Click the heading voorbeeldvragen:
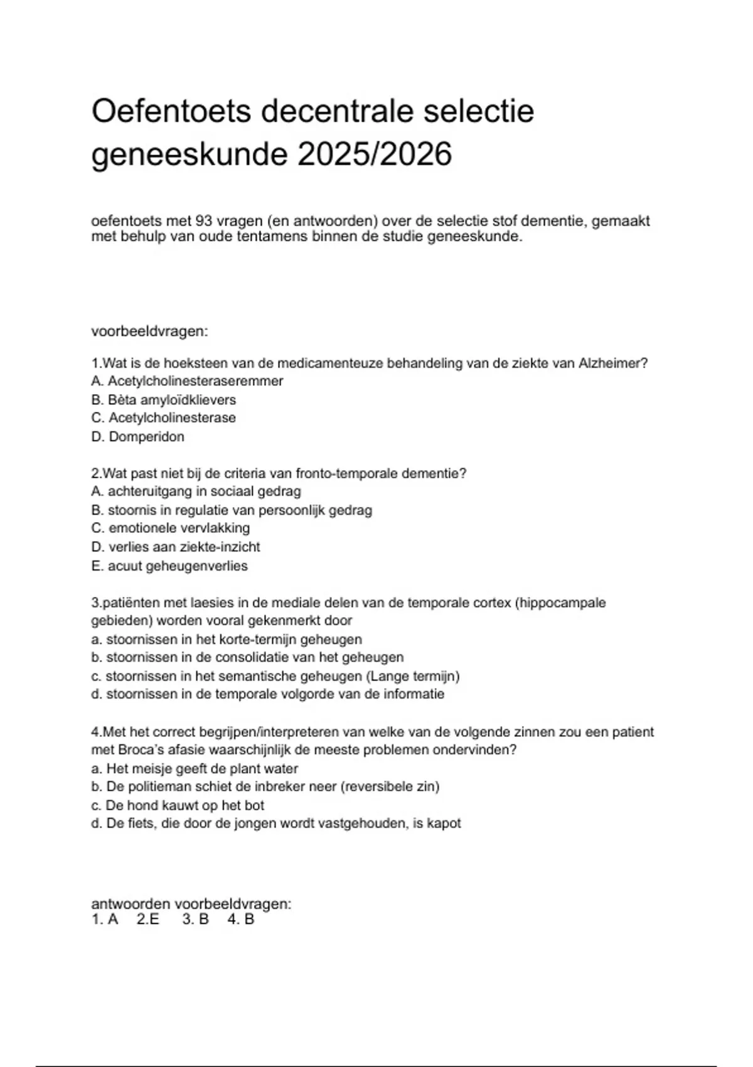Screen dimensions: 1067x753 pos(149,331)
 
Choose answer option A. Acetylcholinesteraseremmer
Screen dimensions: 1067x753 pos(187,381)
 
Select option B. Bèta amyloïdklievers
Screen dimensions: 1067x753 pos(163,400)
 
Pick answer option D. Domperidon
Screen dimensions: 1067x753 pos(138,437)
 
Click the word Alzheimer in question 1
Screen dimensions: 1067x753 pos(612,363)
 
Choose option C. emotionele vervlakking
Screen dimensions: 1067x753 pos(170,528)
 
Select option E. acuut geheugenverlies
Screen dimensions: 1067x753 pos(169,566)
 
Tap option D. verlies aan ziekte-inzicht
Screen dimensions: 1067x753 pos(176,547)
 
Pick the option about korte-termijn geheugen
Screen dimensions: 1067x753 pos(227,640)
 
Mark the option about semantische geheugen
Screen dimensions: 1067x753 pos(275,677)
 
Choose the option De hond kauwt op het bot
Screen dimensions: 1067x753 pos(178,805)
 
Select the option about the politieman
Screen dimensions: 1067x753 pos(265,786)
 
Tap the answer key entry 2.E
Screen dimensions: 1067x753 pos(148,920)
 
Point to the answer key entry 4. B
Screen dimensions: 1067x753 pos(241,920)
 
